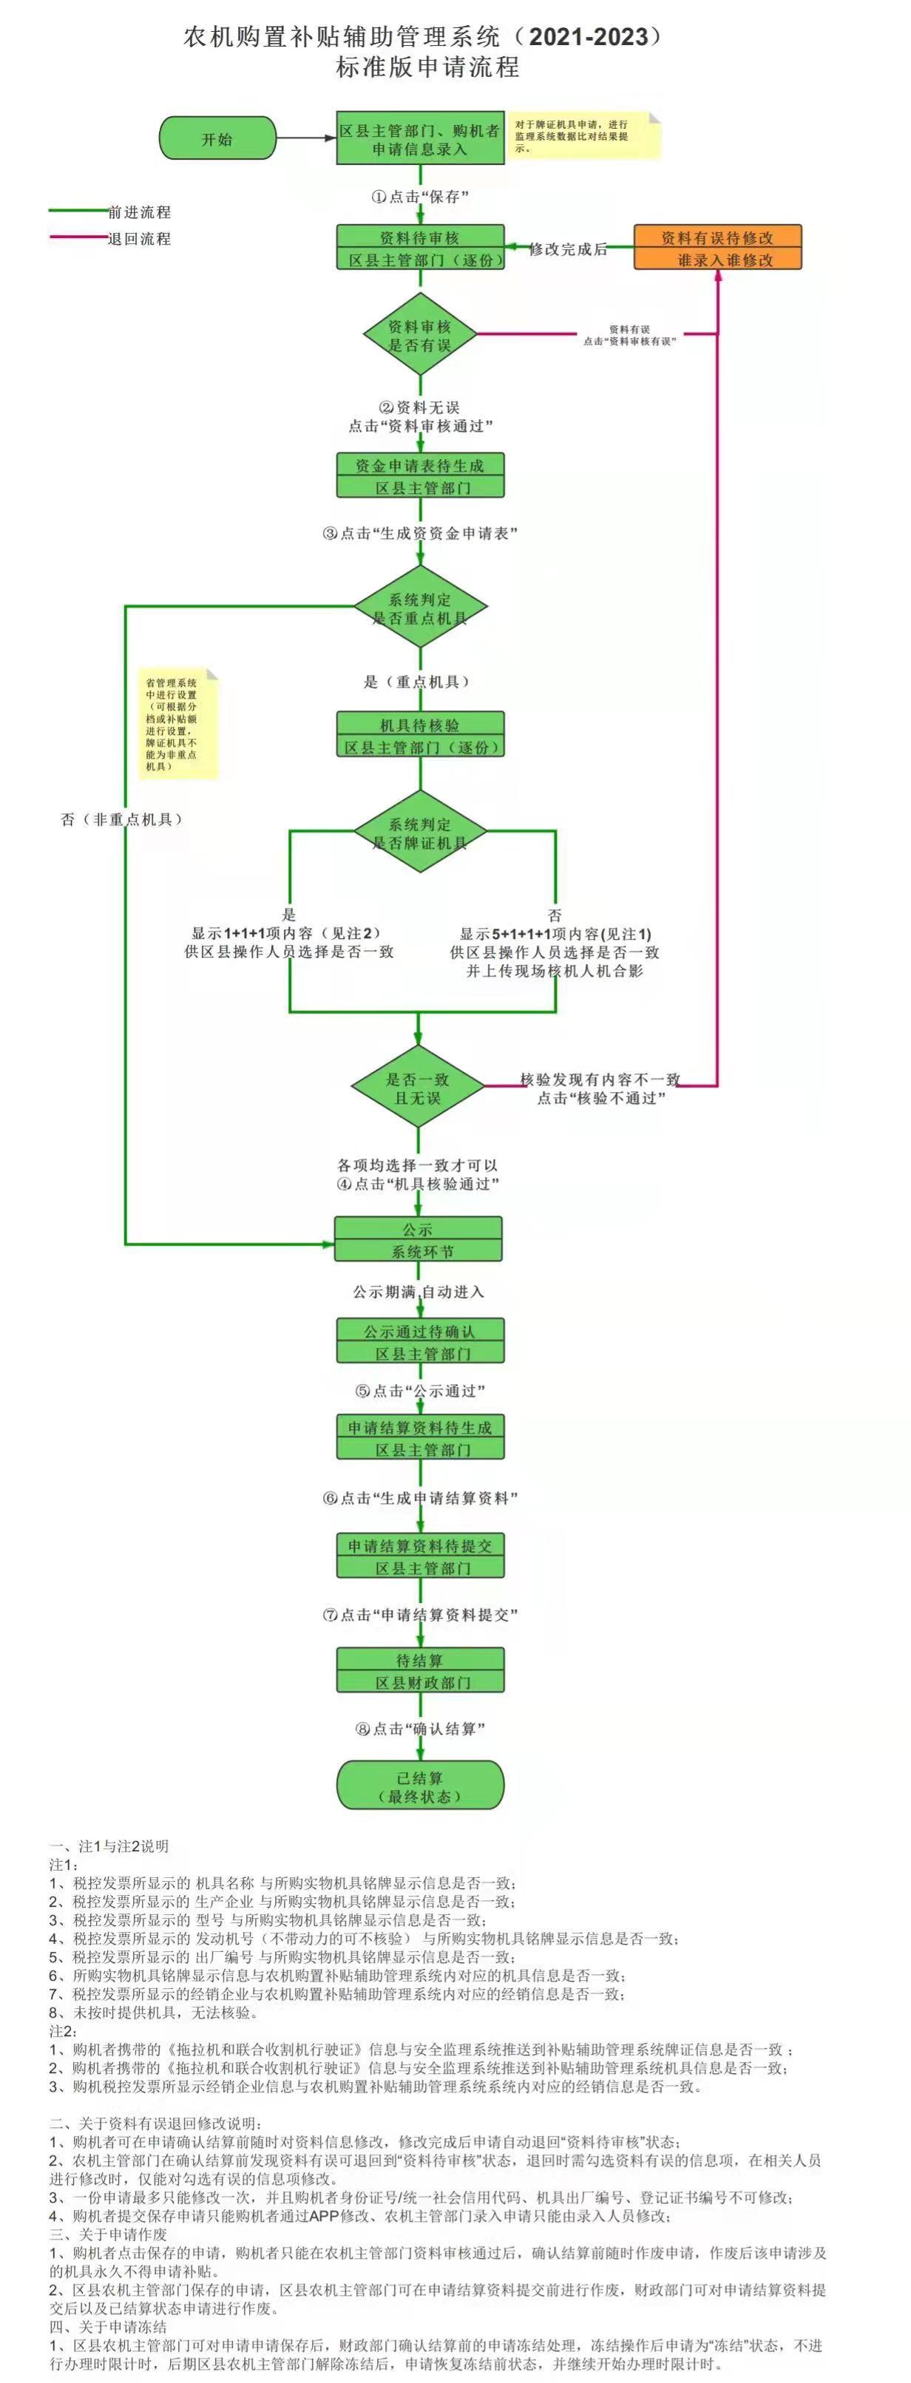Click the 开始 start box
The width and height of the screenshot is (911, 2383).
(217, 138)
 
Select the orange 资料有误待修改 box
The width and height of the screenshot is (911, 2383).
(717, 248)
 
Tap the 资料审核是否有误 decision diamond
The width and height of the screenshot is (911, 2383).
(419, 335)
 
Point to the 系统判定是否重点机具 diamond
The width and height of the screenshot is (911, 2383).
(420, 607)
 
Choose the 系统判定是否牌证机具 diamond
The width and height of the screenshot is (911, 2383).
(420, 832)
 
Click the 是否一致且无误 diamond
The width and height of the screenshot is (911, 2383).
(418, 1088)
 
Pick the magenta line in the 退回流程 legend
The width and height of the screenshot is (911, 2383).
(78, 239)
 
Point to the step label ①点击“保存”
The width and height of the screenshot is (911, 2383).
(421, 196)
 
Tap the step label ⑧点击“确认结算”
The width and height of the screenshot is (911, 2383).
(421, 1728)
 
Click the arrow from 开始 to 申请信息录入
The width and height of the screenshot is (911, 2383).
(305, 138)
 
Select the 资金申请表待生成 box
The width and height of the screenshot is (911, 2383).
(420, 475)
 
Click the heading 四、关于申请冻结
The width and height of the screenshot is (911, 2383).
(107, 2327)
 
